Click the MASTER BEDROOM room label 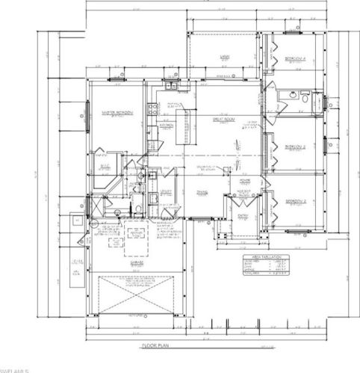(x=117, y=113)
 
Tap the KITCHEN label (x=165, y=125)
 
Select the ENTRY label (x=243, y=216)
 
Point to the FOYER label (x=244, y=180)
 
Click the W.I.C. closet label (x=105, y=156)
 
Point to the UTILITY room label (x=167, y=191)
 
